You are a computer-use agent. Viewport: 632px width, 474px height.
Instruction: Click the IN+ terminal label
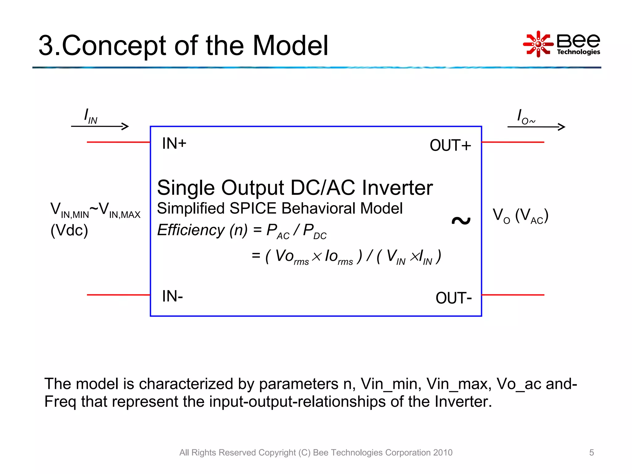click(x=174, y=144)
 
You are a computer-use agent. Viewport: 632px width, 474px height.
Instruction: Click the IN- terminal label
click(x=172, y=296)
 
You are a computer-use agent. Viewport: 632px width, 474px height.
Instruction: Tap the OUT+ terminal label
click(x=450, y=146)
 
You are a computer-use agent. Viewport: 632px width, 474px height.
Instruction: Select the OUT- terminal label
click(x=453, y=298)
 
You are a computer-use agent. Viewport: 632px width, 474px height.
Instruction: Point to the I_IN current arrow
click(x=100, y=126)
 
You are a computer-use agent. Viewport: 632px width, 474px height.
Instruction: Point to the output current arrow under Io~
click(x=536, y=127)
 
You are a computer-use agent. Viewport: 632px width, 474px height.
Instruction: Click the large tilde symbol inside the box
click(x=461, y=220)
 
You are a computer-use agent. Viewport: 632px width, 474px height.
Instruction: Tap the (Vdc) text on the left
click(x=69, y=231)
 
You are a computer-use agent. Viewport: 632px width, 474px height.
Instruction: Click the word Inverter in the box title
click(x=397, y=188)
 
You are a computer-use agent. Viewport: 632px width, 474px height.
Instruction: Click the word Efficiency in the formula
click(x=191, y=230)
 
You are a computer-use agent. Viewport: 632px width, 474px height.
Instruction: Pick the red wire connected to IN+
click(x=118, y=142)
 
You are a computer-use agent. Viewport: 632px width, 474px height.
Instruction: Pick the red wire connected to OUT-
click(x=513, y=295)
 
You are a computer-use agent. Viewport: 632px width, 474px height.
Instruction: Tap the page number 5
click(x=591, y=452)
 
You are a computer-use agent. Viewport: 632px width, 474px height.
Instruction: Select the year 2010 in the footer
click(x=443, y=452)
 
